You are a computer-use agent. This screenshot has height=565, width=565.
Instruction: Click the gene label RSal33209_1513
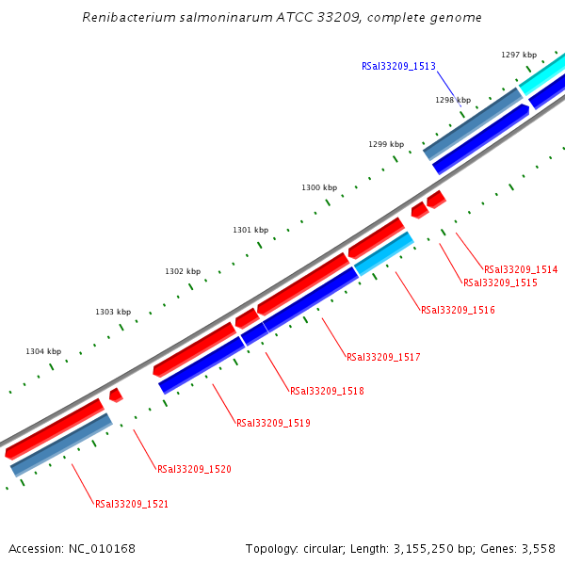pyautogui.click(x=398, y=67)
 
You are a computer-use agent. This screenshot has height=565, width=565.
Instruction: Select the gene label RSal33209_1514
pyautogui.click(x=521, y=269)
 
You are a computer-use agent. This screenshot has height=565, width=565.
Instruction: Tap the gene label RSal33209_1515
pyautogui.click(x=500, y=282)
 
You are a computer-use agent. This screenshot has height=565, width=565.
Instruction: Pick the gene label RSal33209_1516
pyautogui.click(x=458, y=310)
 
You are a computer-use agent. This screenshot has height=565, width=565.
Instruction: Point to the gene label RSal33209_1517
pyautogui.click(x=383, y=357)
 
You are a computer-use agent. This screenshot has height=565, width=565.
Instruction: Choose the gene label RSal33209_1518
pyautogui.click(x=327, y=391)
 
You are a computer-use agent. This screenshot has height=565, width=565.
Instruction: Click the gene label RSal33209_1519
pyautogui.click(x=273, y=423)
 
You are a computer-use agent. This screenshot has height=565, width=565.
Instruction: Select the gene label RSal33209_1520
pyautogui.click(x=194, y=469)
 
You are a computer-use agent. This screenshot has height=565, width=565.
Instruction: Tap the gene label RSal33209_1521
pyautogui.click(x=132, y=504)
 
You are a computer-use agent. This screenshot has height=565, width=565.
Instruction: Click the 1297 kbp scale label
pyautogui.click(x=519, y=56)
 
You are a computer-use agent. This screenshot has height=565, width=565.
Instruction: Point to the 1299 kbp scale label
pyautogui.click(x=386, y=144)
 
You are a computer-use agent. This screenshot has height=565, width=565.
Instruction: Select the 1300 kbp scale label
pyautogui.click(x=319, y=187)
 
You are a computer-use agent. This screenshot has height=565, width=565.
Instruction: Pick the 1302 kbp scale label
pyautogui.click(x=183, y=271)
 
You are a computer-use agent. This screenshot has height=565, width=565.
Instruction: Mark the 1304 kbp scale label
pyautogui.click(x=43, y=351)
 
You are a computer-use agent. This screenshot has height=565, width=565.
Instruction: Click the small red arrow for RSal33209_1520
pyautogui.click(x=116, y=395)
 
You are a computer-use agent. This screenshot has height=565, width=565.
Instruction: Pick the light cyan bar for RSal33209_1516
pyautogui.click(x=385, y=254)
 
